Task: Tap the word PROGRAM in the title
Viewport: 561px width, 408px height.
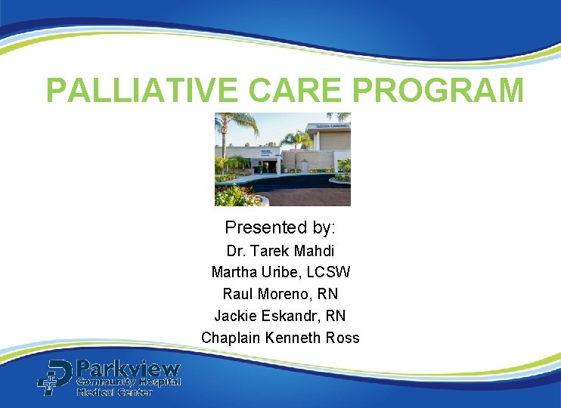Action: tap(439, 90)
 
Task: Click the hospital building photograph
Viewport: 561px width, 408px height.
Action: tap(282, 159)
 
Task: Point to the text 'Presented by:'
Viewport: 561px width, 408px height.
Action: tap(280, 227)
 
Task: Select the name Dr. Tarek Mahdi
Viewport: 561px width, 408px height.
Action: tap(280, 251)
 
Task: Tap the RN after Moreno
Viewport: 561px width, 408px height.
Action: tap(328, 294)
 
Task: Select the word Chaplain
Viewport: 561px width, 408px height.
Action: tap(231, 338)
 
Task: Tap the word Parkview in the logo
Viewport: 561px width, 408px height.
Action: tap(129, 369)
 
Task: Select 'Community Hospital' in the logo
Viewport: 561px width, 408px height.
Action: tap(129, 383)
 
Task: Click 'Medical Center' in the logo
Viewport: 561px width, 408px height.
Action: tap(114, 393)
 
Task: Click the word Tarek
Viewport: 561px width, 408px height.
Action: tap(264, 251)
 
